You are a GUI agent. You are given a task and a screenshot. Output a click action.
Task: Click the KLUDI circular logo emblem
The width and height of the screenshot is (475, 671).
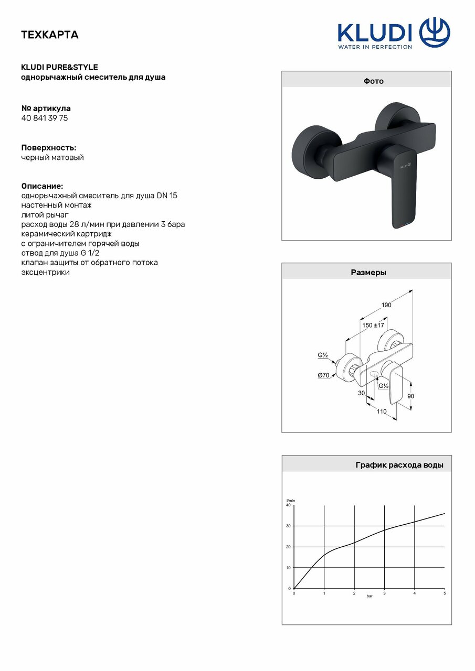[434, 32]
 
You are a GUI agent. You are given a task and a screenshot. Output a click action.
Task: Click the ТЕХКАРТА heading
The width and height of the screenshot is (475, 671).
[49, 35]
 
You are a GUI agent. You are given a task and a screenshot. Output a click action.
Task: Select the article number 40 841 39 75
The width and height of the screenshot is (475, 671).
[45, 118]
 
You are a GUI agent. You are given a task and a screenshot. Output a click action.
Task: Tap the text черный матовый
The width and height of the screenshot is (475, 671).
[52, 157]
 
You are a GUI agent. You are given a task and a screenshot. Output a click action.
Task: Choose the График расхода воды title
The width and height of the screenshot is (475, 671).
[399, 465]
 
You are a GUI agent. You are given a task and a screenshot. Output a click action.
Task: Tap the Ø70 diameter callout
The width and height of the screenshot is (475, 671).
[323, 375]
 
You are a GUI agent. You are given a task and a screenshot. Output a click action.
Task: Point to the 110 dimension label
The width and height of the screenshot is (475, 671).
[381, 412]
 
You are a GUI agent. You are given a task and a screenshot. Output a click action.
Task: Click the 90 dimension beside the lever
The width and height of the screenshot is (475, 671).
[410, 396]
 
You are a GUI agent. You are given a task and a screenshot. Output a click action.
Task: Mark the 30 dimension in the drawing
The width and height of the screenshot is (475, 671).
[361, 392]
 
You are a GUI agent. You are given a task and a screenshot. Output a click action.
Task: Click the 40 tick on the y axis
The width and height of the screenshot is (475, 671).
[288, 505]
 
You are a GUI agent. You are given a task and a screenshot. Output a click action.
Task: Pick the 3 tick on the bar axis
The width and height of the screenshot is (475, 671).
[384, 593]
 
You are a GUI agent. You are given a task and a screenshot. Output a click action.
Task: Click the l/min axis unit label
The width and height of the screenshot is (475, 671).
[290, 501]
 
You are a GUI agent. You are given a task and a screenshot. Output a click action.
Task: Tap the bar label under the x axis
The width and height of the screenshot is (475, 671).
[369, 597]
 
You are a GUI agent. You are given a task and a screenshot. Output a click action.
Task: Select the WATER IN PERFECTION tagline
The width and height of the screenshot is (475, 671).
[374, 47]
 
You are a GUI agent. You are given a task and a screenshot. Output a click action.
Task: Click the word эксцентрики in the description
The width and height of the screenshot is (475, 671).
[45, 272]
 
